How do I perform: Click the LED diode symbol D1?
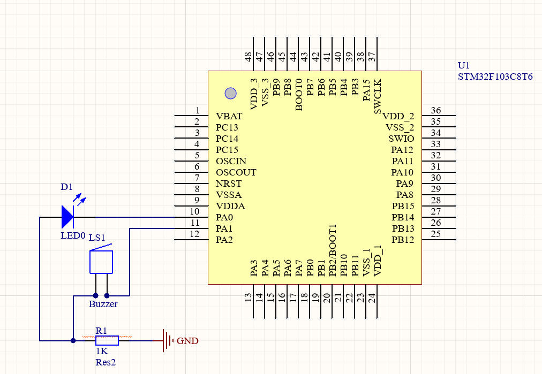(x=67, y=217)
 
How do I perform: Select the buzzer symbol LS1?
(x=101, y=262)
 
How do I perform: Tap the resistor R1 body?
(x=107, y=340)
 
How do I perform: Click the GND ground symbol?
(x=168, y=340)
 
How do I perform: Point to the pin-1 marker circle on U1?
(x=230, y=93)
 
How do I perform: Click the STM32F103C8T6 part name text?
(x=495, y=77)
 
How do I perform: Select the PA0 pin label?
(x=224, y=217)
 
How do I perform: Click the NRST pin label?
(x=229, y=184)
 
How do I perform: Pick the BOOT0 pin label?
(x=299, y=95)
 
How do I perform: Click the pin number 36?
(x=435, y=111)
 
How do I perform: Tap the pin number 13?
(x=249, y=298)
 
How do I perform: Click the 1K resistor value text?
(x=102, y=352)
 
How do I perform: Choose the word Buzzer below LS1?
(x=103, y=304)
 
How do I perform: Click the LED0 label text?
(x=73, y=235)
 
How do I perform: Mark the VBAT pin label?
(x=229, y=116)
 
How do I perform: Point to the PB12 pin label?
(x=403, y=240)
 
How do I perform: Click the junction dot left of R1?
(x=73, y=340)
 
